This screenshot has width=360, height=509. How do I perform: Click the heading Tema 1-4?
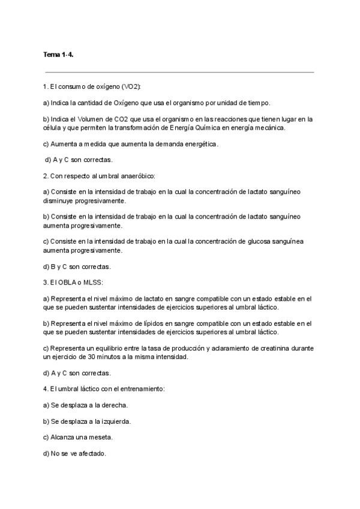58,55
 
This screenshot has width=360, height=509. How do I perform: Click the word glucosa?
254,241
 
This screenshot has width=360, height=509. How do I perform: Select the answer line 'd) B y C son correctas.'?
77,266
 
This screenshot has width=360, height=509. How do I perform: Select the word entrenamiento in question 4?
136,388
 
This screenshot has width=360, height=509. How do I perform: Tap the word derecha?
116,405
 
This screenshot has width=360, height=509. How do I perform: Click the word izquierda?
117,421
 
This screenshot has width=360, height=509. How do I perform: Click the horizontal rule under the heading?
180,72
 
